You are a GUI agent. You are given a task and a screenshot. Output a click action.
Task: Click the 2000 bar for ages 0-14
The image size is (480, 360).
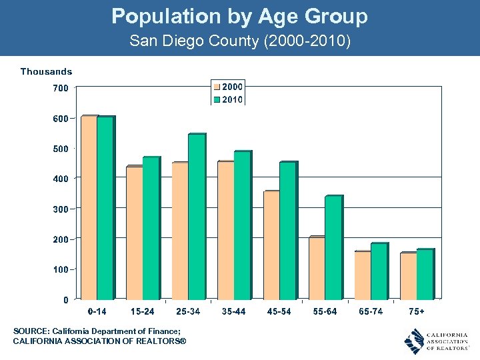(x=89, y=207)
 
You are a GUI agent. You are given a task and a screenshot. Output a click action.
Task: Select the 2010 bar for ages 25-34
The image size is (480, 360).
(x=196, y=217)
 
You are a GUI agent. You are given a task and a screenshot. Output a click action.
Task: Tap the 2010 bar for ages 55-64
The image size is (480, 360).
(x=333, y=247)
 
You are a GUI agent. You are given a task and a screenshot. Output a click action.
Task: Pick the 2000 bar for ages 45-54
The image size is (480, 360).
(x=271, y=245)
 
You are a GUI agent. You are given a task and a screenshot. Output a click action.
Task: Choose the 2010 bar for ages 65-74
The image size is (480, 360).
(x=379, y=271)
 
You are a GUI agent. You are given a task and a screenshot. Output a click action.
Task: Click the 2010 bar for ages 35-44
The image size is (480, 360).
(x=242, y=225)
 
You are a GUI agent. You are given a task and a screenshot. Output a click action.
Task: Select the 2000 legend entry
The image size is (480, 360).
(x=228, y=87)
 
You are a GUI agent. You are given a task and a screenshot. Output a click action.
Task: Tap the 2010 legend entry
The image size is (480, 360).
(x=228, y=99)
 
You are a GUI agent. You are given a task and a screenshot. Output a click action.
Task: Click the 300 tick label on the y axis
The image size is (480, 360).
(x=61, y=209)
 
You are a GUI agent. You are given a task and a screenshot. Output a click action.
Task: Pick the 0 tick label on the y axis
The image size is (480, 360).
(x=65, y=299)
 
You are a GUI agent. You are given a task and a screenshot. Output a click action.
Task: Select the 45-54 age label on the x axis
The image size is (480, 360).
(x=279, y=311)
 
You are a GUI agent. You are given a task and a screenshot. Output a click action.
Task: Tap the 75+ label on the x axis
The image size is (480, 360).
(x=417, y=311)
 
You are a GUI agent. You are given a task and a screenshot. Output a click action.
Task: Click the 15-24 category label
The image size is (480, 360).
(x=142, y=311)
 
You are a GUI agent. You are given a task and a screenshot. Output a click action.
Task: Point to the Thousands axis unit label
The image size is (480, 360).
(x=46, y=71)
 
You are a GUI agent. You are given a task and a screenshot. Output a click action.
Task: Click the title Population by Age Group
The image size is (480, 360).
(x=239, y=16)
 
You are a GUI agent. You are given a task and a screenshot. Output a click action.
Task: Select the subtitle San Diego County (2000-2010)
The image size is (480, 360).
(x=239, y=41)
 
